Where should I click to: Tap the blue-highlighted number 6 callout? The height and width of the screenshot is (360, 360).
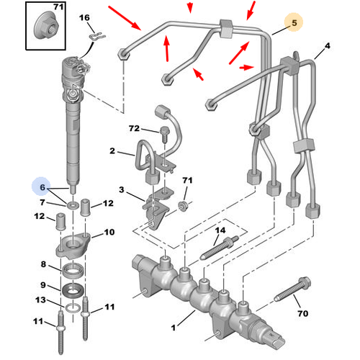42,189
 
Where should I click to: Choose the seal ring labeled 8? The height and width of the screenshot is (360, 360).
73,271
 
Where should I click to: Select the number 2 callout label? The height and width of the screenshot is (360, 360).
113,152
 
